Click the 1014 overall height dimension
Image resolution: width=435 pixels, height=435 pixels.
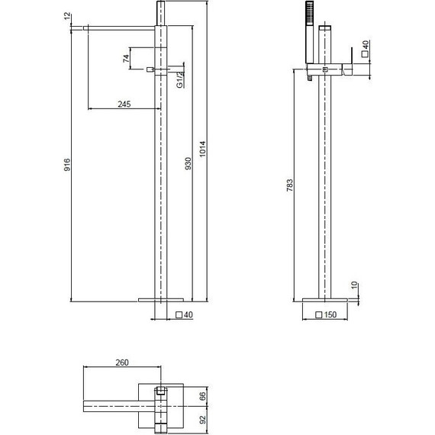[203, 149]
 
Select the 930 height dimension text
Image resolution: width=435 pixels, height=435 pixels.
[188, 163]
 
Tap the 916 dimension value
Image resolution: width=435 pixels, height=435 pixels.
[67, 165]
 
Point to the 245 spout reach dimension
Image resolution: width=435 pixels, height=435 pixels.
[124, 104]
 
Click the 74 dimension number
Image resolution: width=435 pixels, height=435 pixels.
[126, 59]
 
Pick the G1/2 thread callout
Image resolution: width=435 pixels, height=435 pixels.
[180, 80]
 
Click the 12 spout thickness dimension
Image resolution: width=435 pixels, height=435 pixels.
[67, 16]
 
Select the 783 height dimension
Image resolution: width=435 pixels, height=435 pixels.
[290, 185]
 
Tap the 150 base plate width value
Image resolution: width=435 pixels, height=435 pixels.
[330, 314]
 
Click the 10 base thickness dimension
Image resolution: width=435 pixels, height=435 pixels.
[354, 285]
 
